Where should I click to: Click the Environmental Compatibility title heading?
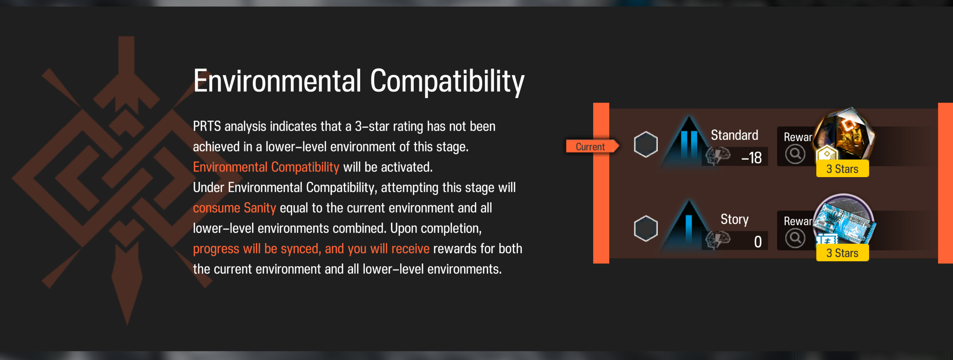point(359,82)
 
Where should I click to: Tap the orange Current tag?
point(592,146)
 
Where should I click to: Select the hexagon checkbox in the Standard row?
point(646,144)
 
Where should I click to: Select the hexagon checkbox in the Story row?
point(646,229)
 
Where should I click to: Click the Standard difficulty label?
point(734,135)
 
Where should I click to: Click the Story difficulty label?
point(734,219)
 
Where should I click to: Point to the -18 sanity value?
point(751,157)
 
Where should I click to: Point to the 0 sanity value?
point(758,242)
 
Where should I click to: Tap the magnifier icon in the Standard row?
point(795,154)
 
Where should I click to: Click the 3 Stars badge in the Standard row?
point(843,169)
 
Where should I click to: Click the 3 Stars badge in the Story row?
point(843,253)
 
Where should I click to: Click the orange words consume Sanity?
point(234,208)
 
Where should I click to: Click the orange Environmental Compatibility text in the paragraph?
point(266,167)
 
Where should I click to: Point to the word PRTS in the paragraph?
point(207,126)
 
